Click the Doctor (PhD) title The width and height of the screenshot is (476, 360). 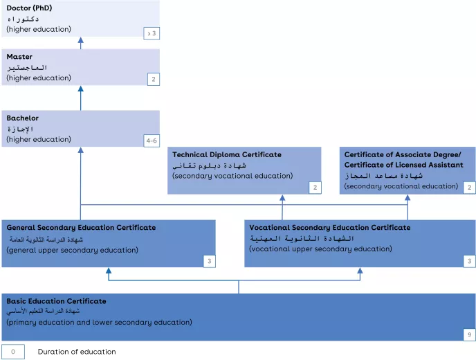29,8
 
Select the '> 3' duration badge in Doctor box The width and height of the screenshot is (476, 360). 152,33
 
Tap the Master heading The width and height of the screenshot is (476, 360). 19,57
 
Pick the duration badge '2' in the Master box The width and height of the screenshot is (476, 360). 152,80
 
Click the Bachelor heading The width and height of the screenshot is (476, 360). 23,118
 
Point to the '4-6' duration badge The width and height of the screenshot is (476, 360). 152,141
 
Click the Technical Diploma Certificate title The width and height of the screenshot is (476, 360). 227,154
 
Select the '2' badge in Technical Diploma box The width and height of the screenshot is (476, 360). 314,188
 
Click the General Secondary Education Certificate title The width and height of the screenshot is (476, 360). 81,227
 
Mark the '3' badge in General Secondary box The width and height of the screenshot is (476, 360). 208,261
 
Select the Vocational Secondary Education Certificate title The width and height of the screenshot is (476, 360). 329,227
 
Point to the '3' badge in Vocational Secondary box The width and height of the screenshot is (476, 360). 468,261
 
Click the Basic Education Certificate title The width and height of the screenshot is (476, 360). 57,301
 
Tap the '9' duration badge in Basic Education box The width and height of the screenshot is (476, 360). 468,335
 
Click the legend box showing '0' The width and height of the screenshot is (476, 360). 12,352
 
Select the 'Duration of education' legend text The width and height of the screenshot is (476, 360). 77,352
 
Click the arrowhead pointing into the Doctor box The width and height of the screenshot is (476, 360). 80,42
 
